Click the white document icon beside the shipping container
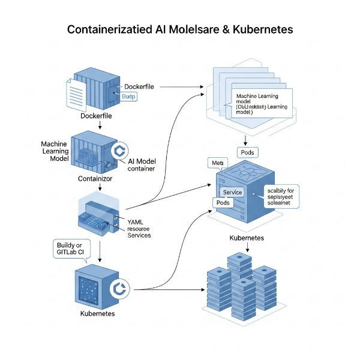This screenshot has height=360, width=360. click(x=76, y=94)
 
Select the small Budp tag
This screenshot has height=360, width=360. click(x=129, y=97)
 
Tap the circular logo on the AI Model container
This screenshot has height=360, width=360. click(x=120, y=151)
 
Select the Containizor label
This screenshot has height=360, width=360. click(x=95, y=178)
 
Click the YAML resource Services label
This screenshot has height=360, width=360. click(x=139, y=228)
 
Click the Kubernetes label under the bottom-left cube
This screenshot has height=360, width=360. click(x=98, y=314)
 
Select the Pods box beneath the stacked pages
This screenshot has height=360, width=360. click(x=248, y=152)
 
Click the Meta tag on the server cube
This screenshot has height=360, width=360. click(x=215, y=163)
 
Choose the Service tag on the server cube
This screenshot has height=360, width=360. click(x=232, y=192)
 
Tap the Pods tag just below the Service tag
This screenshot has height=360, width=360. click(x=222, y=203)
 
